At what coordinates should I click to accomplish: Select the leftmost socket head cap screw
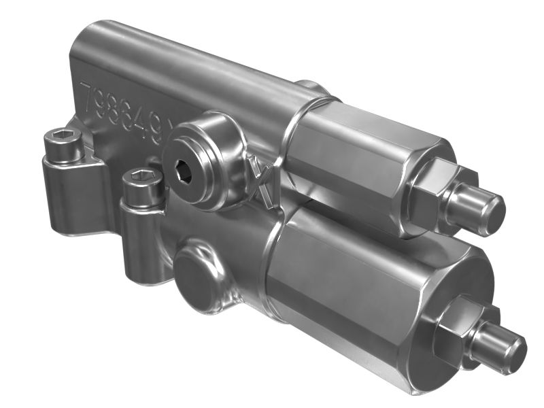point(63,145)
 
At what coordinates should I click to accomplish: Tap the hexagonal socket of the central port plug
point(184,171)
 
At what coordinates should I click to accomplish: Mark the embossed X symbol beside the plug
point(260,181)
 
